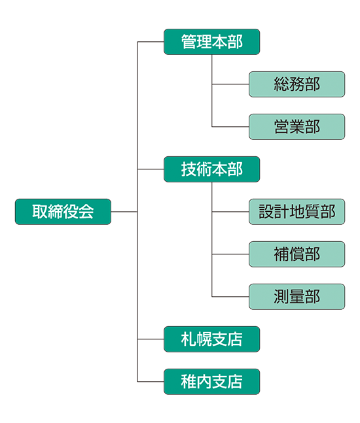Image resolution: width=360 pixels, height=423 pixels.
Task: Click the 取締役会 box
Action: click(63, 212)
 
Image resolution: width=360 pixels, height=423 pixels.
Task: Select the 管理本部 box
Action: click(211, 42)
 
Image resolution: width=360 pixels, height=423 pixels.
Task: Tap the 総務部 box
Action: click(297, 84)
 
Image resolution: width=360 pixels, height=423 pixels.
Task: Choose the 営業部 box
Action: click(297, 127)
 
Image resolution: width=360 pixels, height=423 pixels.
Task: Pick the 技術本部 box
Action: click(211, 169)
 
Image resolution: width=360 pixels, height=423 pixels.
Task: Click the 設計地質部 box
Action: click(297, 212)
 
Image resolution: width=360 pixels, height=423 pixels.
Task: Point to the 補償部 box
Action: click(297, 254)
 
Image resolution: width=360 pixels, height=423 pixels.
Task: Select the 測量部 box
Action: click(297, 297)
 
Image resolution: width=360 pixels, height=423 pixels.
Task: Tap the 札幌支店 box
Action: click(211, 339)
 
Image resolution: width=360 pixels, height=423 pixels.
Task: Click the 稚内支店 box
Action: click(211, 382)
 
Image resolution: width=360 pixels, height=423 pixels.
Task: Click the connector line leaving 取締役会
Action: click(124, 212)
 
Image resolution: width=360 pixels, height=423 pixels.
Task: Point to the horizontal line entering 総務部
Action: click(230, 84)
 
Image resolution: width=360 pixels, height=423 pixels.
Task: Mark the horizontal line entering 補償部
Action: click(230, 254)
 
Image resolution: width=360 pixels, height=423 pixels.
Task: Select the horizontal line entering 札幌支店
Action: click(151, 339)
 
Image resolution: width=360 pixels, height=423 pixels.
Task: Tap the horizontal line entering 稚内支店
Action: click(151, 382)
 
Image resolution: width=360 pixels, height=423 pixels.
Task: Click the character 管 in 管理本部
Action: click(189, 42)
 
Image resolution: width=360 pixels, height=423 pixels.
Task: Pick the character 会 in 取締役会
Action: click(86, 212)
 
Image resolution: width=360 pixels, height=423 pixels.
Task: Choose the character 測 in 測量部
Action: click(281, 297)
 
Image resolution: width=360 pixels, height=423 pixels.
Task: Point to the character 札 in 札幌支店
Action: click(189, 339)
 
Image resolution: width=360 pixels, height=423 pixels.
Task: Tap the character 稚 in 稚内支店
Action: click(189, 382)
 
